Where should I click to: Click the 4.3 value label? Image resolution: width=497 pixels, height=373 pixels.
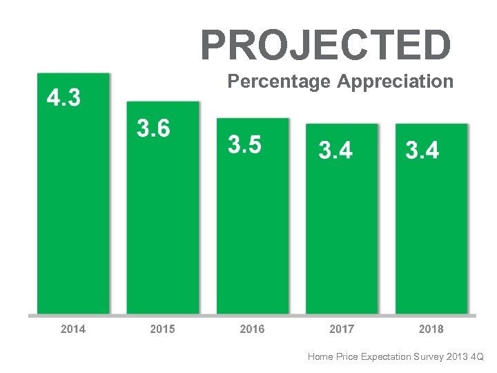click(x=64, y=99)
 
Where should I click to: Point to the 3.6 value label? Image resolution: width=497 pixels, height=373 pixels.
click(x=153, y=128)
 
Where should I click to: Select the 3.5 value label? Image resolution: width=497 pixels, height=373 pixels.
click(x=244, y=145)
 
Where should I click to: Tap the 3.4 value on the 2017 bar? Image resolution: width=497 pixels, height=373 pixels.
click(x=335, y=150)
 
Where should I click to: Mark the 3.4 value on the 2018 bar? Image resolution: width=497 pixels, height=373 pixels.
click(x=422, y=150)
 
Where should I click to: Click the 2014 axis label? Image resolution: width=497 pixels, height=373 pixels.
click(x=73, y=329)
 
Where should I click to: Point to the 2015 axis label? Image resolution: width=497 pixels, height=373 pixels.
click(x=162, y=329)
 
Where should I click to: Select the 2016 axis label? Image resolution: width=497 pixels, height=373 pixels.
click(x=252, y=329)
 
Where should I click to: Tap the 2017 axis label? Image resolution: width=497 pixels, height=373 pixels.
click(x=342, y=329)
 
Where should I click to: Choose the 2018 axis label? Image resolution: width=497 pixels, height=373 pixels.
click(x=431, y=329)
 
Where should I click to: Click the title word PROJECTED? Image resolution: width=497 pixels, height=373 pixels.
click(x=326, y=46)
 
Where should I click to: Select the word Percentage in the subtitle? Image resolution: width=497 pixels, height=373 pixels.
click(x=280, y=82)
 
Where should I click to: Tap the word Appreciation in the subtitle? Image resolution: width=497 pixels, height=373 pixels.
click(x=396, y=82)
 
